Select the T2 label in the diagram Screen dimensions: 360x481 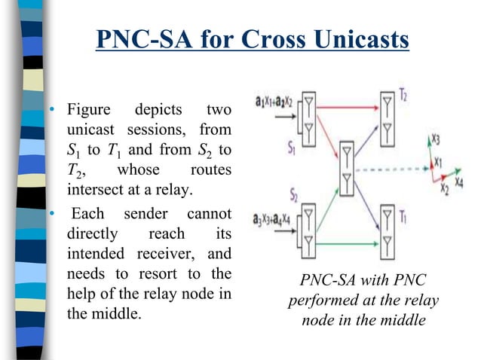404,97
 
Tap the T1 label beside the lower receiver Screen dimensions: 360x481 404,218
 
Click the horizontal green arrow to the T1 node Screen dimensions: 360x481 332,243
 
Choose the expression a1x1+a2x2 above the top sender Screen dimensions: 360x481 280,101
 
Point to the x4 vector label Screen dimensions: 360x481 459,183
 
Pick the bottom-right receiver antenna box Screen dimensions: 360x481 388,230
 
